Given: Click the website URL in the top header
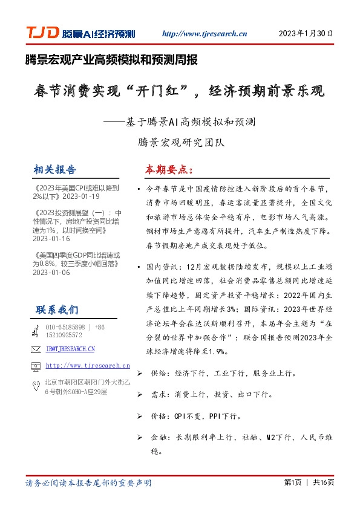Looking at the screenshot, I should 205,34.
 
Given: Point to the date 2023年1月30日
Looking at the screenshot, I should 306,33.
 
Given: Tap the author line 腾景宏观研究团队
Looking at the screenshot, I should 180,143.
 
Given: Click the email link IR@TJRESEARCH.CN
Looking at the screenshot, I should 70,349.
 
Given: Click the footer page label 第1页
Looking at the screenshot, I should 292,482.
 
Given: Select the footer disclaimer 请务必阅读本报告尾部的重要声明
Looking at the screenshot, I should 88,483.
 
